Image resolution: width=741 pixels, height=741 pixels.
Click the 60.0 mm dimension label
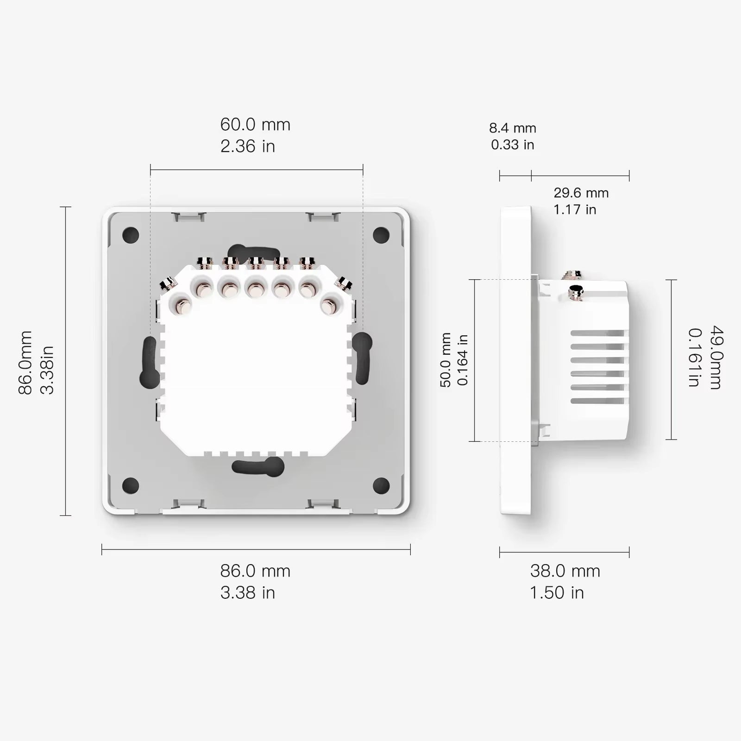pos(255,125)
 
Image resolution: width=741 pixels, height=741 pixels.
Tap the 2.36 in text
pos(248,146)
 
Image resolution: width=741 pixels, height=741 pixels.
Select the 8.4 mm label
pos(512,128)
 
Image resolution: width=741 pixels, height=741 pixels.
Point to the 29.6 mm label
pos(581,193)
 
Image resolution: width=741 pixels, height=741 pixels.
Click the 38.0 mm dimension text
pos(565,571)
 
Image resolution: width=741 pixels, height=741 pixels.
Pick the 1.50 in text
pos(557,593)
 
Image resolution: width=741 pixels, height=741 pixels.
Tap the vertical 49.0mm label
pos(716,358)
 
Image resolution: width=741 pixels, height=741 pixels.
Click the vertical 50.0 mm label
pos(446,360)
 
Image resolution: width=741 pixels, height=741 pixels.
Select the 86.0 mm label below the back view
pos(255,571)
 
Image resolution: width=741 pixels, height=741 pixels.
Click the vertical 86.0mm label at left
pos(25,363)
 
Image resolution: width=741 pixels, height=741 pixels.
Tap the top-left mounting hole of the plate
pos(131,235)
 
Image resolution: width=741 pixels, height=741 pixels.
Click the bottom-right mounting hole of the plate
pos(381,485)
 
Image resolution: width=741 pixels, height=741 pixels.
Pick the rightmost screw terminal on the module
pos(329,306)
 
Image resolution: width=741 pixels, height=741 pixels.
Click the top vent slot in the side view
pos(597,333)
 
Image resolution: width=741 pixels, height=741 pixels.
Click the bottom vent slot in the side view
pos(597,401)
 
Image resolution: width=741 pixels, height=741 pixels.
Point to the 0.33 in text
pos(512,145)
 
